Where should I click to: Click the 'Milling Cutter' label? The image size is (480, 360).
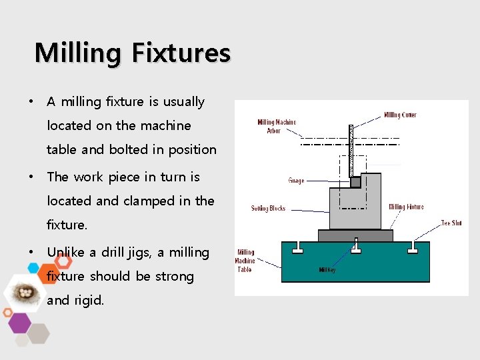click(400, 115)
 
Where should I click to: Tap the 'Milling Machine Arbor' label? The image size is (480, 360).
click(277, 127)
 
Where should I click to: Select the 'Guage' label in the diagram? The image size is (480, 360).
click(297, 179)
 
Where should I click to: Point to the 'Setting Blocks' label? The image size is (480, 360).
click(268, 208)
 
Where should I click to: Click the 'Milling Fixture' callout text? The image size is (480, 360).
click(406, 207)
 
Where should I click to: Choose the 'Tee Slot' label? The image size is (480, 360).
click(451, 223)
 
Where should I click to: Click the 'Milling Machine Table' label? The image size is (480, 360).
click(245, 261)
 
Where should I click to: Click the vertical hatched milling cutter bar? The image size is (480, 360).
click(351, 150)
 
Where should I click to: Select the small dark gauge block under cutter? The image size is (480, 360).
click(355, 181)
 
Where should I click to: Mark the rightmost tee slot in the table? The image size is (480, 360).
click(413, 248)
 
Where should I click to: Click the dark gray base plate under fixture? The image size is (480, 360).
click(355, 235)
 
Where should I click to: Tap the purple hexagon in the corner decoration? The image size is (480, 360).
click(19, 323)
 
